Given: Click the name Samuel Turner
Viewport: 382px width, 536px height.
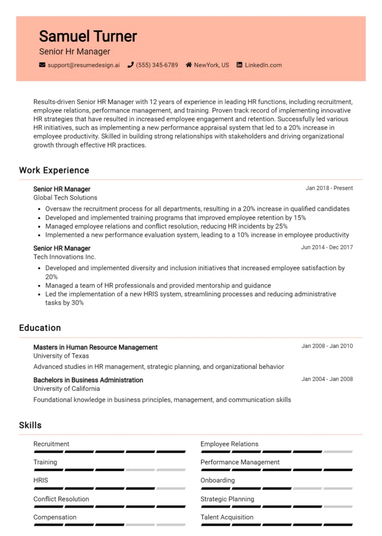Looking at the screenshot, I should point(88,36).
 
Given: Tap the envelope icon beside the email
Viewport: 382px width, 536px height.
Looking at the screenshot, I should point(42,65).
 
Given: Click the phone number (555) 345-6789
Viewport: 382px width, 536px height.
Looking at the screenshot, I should point(156,65).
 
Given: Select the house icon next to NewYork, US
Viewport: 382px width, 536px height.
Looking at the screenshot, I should point(189,65).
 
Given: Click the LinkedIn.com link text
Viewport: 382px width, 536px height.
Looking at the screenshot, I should point(263,65).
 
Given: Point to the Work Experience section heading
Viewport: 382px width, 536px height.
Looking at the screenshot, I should point(54,170).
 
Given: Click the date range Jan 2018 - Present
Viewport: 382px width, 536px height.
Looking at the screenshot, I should point(329,188).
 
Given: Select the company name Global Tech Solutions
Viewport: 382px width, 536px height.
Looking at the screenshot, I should point(65,198).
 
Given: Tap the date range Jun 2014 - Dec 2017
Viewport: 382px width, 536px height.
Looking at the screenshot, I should point(327,247).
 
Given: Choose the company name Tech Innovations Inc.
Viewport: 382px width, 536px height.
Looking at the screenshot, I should point(64,257).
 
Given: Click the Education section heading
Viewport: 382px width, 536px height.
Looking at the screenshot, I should point(40,328).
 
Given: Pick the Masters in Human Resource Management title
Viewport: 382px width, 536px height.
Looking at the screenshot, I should point(95,347).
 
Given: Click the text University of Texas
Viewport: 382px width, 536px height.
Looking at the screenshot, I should point(61,356).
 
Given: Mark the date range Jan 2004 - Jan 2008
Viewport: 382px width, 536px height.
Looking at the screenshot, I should point(327,379).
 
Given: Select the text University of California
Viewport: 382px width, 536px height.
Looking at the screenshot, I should point(66,389).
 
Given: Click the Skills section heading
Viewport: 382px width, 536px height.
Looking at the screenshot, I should point(30,425).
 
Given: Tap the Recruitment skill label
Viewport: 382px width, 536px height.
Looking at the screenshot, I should point(51,444).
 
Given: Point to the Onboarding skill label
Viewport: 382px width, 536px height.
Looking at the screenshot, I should point(218,481).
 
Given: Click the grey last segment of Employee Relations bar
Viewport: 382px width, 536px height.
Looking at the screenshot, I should point(338,451).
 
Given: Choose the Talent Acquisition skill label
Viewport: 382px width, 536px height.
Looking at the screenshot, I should point(227,517).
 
